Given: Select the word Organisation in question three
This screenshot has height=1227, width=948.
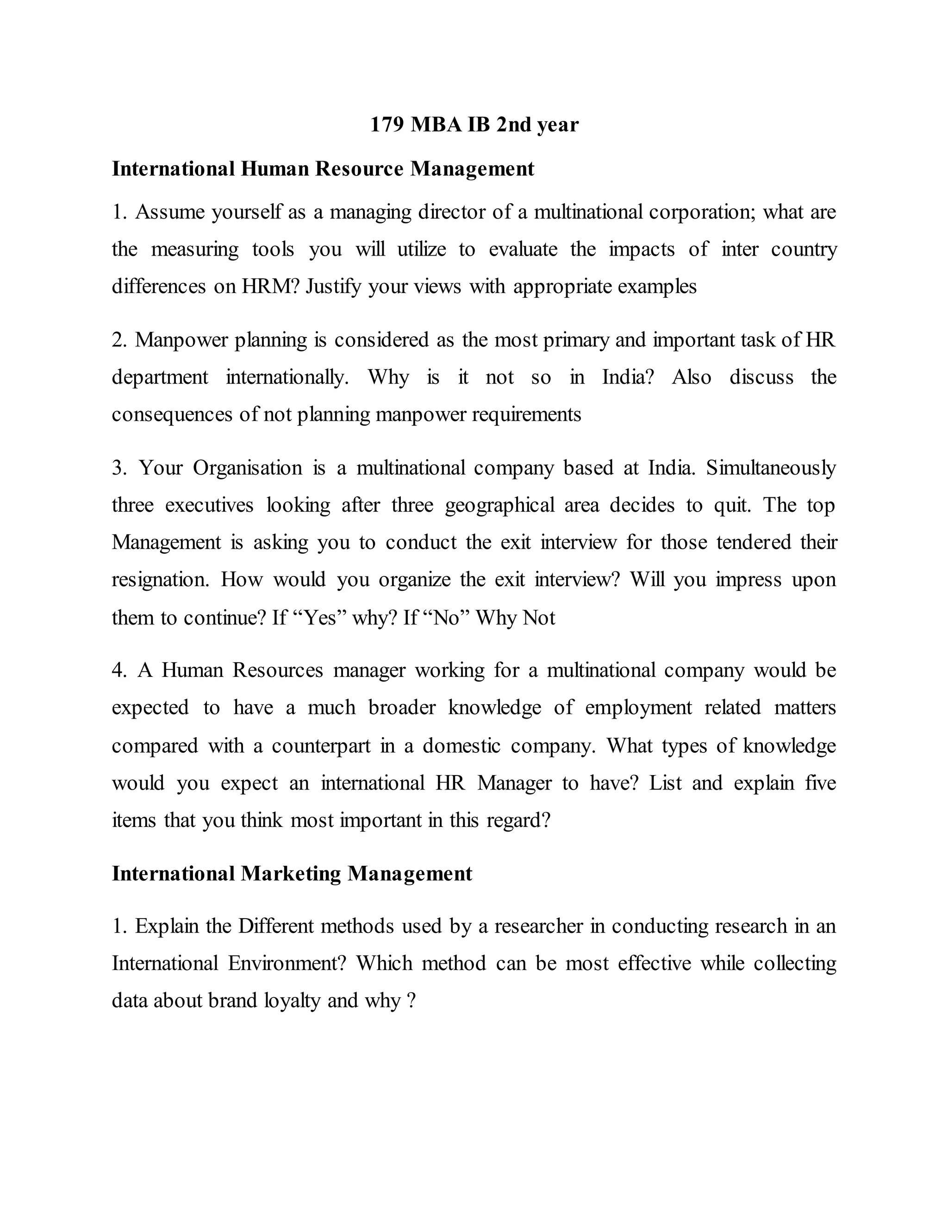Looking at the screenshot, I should [247, 468].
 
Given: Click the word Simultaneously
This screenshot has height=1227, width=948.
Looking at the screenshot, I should [771, 468].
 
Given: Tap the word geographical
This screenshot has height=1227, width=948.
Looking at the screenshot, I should [500, 505].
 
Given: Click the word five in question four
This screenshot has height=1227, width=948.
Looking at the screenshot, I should [821, 783].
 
